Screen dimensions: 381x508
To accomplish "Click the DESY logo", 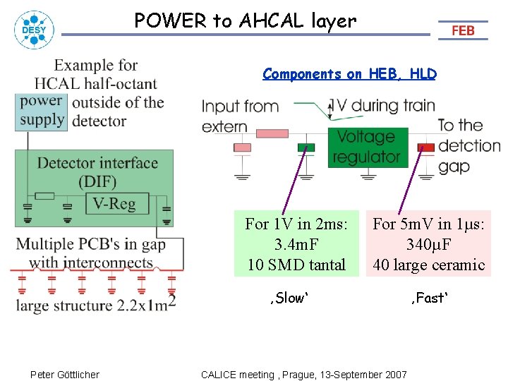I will pyautogui.click(x=32, y=30).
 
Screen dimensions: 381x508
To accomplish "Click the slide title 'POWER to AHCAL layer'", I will pyautogui.click(x=246, y=21).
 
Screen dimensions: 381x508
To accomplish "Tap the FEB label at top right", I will pyautogui.click(x=463, y=30).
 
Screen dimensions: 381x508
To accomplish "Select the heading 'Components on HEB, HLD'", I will pyautogui.click(x=349, y=74).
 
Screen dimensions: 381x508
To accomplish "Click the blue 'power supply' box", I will pyautogui.click(x=42, y=111).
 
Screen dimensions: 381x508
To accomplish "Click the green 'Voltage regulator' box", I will pyautogui.click(x=365, y=147).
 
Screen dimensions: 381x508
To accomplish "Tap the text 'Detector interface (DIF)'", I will pyautogui.click(x=97, y=172).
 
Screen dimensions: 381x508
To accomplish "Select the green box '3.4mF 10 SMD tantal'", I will pyautogui.click(x=296, y=244).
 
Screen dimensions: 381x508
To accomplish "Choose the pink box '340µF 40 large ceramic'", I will pyautogui.click(x=428, y=244).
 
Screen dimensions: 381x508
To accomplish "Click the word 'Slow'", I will pyautogui.click(x=289, y=298).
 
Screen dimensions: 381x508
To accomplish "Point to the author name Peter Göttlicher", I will pyautogui.click(x=65, y=374).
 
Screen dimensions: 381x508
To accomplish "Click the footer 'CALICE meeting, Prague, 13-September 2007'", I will pyautogui.click(x=303, y=374).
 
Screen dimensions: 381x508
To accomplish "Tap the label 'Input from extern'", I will pyautogui.click(x=240, y=116).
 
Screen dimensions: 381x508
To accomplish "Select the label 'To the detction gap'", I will pyautogui.click(x=467, y=145).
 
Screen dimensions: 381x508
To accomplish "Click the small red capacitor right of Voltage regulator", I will pyautogui.click(x=426, y=147).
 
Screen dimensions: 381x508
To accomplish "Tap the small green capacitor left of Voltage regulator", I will pyautogui.click(x=306, y=147).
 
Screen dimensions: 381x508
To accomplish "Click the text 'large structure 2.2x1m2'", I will pyautogui.click(x=95, y=305).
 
